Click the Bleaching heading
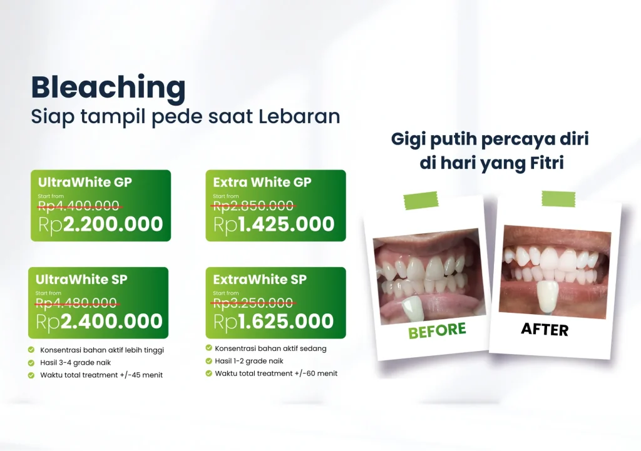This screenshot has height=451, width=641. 108,88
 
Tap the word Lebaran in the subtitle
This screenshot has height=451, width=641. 299,116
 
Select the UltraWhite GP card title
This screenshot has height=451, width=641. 85,182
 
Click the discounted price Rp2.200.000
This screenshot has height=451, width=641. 101,225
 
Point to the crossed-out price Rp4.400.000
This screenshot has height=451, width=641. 79,205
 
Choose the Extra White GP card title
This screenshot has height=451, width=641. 262,182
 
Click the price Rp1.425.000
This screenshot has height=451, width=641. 274,225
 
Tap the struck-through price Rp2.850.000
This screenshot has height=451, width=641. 254,205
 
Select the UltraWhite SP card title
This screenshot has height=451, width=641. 81,280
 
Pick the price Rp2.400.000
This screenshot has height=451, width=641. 100,322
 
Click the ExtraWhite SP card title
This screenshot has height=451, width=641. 260,280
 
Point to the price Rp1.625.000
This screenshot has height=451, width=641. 274,322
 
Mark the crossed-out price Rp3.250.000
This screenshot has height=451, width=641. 254,303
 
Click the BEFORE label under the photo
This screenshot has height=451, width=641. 437,330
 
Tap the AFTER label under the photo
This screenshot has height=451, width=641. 545,329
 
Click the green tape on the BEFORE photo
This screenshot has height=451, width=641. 421,200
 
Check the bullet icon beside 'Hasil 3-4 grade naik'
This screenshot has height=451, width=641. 31,363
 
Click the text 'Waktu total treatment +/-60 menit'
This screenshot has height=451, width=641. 276,373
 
